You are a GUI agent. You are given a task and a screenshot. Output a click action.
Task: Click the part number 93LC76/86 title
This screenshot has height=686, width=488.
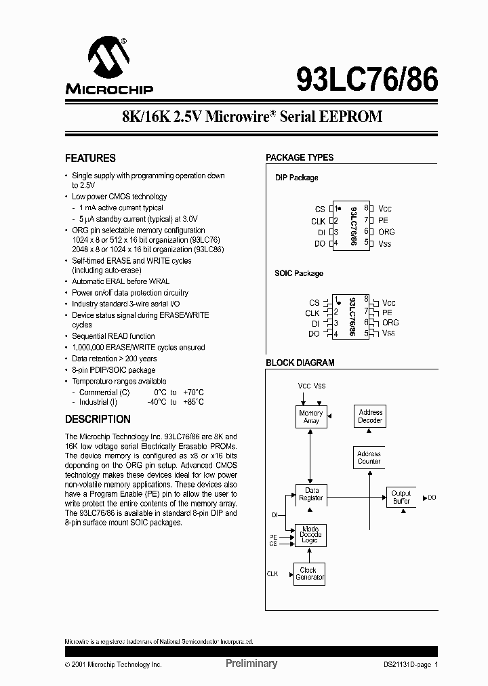[x=367, y=80]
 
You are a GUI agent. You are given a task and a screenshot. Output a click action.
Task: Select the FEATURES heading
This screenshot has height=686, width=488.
[x=90, y=158]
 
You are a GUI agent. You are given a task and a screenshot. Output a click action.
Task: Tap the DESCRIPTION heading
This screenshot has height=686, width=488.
[x=98, y=419]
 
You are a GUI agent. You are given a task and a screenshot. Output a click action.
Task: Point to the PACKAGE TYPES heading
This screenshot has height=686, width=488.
[x=300, y=157]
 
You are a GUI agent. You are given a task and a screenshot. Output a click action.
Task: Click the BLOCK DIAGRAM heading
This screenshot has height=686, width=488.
[x=300, y=363]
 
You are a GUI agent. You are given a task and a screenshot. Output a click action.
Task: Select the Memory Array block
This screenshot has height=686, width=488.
[x=310, y=417]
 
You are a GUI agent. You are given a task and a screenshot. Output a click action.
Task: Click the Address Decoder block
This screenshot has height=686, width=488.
[x=370, y=416]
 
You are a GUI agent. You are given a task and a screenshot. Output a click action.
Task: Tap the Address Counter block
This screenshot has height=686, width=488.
[x=369, y=458]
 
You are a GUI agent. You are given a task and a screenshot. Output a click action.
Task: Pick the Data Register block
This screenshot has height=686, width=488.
[x=311, y=493]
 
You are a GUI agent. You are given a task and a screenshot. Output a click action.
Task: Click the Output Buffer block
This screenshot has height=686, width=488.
[x=401, y=497]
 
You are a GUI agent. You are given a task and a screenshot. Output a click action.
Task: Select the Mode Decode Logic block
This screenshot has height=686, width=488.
[x=310, y=535]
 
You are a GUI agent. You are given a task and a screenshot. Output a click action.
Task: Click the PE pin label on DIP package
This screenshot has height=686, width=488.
[x=383, y=220]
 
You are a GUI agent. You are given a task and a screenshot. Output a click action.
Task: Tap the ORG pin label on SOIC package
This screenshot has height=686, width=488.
[x=390, y=323]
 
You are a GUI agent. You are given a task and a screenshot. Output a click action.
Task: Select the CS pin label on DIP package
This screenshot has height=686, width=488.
[x=320, y=209]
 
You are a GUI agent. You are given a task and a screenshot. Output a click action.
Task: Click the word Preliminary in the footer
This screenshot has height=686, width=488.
[x=251, y=664]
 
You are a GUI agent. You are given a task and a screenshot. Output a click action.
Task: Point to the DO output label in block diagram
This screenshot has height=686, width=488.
[x=432, y=498]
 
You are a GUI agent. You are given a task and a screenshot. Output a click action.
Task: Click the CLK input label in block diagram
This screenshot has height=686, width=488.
[x=272, y=573]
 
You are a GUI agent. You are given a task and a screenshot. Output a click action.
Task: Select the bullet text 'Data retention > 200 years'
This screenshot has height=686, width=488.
[x=115, y=359]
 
